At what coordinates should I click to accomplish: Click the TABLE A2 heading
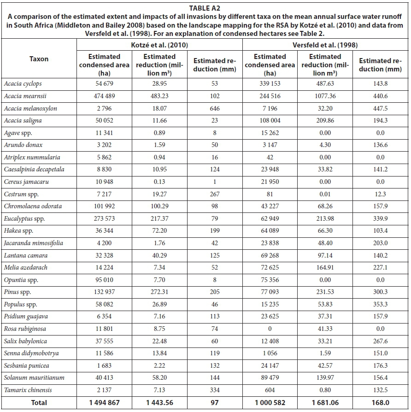(x=205, y=6)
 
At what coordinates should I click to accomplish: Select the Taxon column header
(x=39, y=59)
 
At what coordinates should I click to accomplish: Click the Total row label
(x=39, y=402)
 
